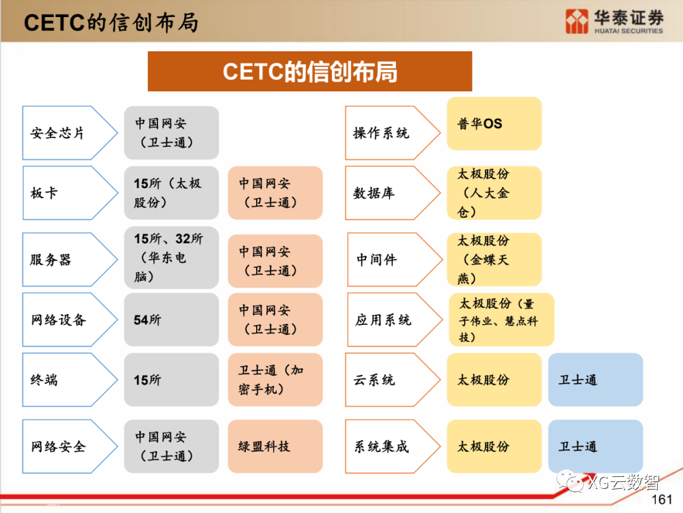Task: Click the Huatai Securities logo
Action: pyautogui.click(x=614, y=21)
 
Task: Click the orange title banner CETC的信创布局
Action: pyautogui.click(x=310, y=72)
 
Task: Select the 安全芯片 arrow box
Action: pyautogui.click(x=66, y=133)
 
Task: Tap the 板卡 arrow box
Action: pyautogui.click(x=66, y=193)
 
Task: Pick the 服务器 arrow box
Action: pyautogui.click(x=66, y=260)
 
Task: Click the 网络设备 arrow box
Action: pyautogui.click(x=66, y=320)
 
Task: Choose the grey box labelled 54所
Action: pyautogui.click(x=171, y=320)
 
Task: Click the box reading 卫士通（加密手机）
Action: pyautogui.click(x=275, y=380)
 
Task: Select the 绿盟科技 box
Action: pyautogui.click(x=275, y=446)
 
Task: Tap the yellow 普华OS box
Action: pyautogui.click(x=494, y=123)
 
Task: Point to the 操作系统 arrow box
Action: pyautogui.click(x=389, y=133)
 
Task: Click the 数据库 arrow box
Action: pyautogui.click(x=389, y=193)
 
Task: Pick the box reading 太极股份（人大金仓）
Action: pyautogui.click(x=494, y=193)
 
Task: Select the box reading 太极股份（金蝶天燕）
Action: pyautogui.click(x=494, y=260)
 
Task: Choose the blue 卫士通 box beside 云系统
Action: pyautogui.click(x=595, y=380)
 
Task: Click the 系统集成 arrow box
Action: pyautogui.click(x=389, y=446)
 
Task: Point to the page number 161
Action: pyautogui.click(x=661, y=500)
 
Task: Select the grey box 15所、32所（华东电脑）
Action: pyautogui.click(x=171, y=258)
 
